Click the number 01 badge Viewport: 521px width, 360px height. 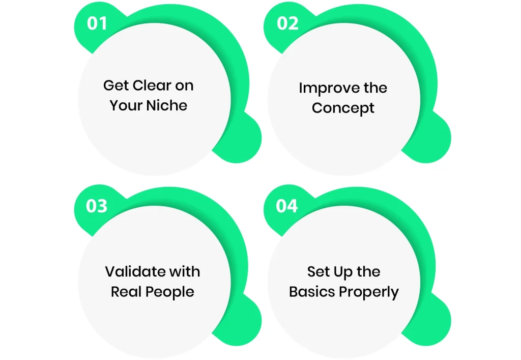96,23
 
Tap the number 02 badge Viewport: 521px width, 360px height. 287,23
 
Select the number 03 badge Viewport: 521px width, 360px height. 96,206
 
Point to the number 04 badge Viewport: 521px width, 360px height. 287,206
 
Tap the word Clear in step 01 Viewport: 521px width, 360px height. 151,86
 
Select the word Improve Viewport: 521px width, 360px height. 324,89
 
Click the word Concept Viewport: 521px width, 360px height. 343,108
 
